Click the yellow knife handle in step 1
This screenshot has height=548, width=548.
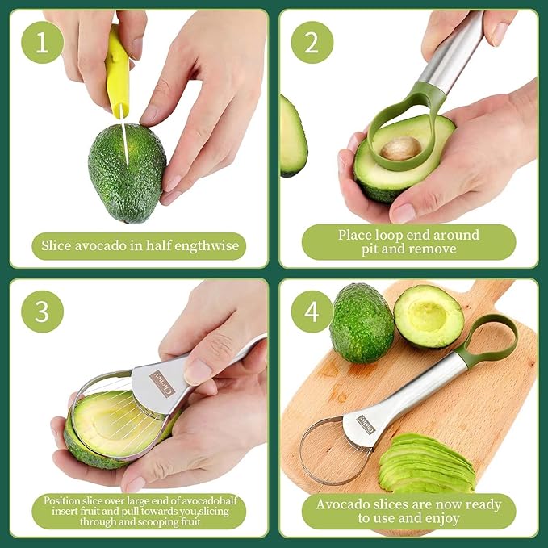pyautogui.click(x=118, y=73)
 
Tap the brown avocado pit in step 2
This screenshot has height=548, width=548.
pyautogui.click(x=400, y=148)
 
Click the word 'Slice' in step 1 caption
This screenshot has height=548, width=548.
pyautogui.click(x=60, y=245)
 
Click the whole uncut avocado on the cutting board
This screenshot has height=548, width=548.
pyautogui.click(x=361, y=322)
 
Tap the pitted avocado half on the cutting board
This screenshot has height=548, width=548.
pyautogui.click(x=428, y=316)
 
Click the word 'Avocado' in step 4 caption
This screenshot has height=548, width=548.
pyautogui.click(x=341, y=504)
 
